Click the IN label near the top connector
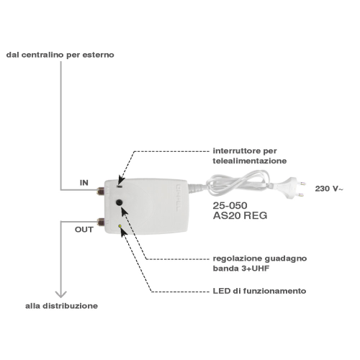pyautogui.click(x=84, y=183)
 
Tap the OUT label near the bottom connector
pyautogui.click(x=84, y=230)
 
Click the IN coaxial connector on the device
pyautogui.click(x=101, y=191)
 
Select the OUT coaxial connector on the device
pyautogui.click(x=101, y=222)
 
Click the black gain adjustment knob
pyautogui.click(x=120, y=202)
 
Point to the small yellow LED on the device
pyautogui.click(x=120, y=226)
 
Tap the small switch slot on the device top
pyautogui.click(x=120, y=186)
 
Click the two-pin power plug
pyautogui.click(x=293, y=188)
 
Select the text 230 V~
pyautogui.click(x=329, y=189)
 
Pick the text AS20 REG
pyautogui.click(x=240, y=215)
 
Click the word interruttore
pyautogui.click(x=237, y=151)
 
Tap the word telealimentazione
pyautogui.click(x=250, y=161)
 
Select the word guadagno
pyautogui.click(x=286, y=258)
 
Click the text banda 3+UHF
pyautogui.click(x=241, y=269)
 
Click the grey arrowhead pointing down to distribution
pyautogui.click(x=60, y=294)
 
